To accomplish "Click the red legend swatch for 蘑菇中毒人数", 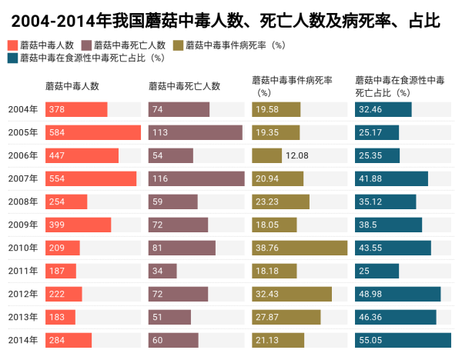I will pyautogui.click(x=11, y=45).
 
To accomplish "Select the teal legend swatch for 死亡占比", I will pyautogui.click(x=11, y=57).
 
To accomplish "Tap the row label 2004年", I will pyautogui.click(x=22, y=109).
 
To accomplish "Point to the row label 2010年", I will pyautogui.click(x=22, y=248).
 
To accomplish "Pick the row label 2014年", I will pyautogui.click(x=22, y=340).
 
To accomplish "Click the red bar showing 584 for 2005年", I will pyautogui.click(x=92, y=132).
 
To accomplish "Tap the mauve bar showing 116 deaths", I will pyautogui.click(x=196, y=178).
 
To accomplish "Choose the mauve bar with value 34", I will pyautogui.click(x=162, y=271).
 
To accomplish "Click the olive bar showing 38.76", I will pyautogui.click(x=300, y=248).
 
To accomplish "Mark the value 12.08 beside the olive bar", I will pyautogui.click(x=296, y=155).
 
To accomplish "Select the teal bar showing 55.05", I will pyautogui.click(x=403, y=340).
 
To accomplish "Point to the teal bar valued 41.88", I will pyautogui.click(x=391, y=178).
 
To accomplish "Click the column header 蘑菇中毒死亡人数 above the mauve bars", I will pyautogui.click(x=184, y=85).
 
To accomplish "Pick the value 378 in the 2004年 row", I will pyautogui.click(x=56, y=109).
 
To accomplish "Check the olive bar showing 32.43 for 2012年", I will pyautogui.click(x=292, y=294).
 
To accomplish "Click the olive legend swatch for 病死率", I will pyautogui.click(x=180, y=45).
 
